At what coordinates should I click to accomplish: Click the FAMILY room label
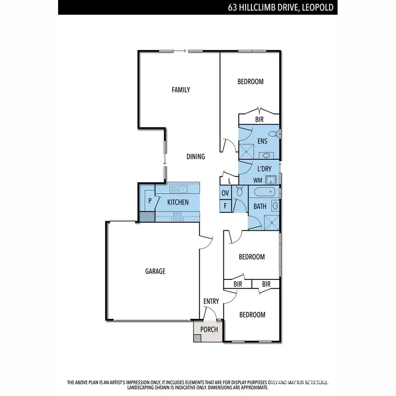[x=181, y=90]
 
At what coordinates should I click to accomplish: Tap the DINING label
[x=195, y=157]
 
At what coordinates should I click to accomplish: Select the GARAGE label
[x=155, y=271]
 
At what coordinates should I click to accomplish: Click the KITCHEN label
[x=178, y=203]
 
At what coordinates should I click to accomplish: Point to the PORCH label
[x=209, y=329]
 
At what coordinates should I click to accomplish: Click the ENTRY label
[x=211, y=301]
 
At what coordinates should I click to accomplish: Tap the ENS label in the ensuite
[x=262, y=142]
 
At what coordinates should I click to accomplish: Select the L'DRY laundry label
[x=264, y=169]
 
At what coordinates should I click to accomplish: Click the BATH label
[x=260, y=206]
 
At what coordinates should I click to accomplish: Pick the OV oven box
[x=225, y=193]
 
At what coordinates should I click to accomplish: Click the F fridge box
[x=225, y=205]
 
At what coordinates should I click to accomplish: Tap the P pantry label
[x=149, y=201]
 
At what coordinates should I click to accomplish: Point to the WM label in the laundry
[x=258, y=181]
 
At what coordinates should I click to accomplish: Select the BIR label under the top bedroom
[x=259, y=120]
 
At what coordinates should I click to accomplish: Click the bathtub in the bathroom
[x=263, y=192]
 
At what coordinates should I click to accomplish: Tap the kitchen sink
[x=182, y=189]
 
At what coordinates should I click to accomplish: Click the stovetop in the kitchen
[x=178, y=215]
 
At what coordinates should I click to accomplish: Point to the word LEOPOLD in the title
[x=316, y=8]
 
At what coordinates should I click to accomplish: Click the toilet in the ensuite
[x=273, y=133]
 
